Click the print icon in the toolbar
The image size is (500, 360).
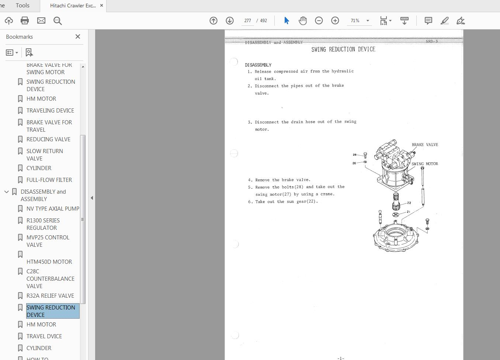click(x=25, y=21)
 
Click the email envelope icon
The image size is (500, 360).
click(x=41, y=21)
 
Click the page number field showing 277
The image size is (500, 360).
click(x=247, y=21)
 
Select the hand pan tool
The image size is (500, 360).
click(x=303, y=21)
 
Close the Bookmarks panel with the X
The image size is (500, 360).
click(x=77, y=37)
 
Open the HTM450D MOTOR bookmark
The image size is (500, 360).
click(x=49, y=262)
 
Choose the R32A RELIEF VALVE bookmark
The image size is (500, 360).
click(x=50, y=295)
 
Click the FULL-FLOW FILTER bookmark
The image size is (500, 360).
click(x=49, y=180)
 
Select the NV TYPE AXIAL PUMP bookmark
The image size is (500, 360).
click(x=53, y=208)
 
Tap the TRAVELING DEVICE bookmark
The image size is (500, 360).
click(x=50, y=110)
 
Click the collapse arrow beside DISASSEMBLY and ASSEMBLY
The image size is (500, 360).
click(x=7, y=192)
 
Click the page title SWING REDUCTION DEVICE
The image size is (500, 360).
click(x=343, y=49)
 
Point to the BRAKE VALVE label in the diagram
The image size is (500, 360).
click(x=425, y=145)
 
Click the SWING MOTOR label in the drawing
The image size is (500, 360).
click(x=425, y=164)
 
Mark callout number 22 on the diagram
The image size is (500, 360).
click(x=409, y=203)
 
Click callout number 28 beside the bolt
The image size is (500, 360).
click(x=355, y=155)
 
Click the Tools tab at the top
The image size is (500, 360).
click(x=22, y=6)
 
